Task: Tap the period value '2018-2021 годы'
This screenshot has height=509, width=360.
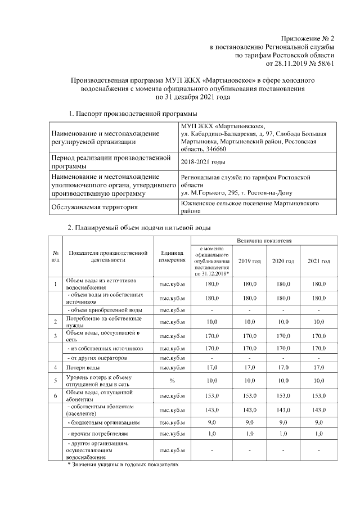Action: click(x=203, y=162)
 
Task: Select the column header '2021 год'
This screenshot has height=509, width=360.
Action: click(x=318, y=262)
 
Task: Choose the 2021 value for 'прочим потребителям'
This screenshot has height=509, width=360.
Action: click(x=318, y=434)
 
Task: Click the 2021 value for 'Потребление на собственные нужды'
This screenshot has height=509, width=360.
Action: click(x=318, y=321)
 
